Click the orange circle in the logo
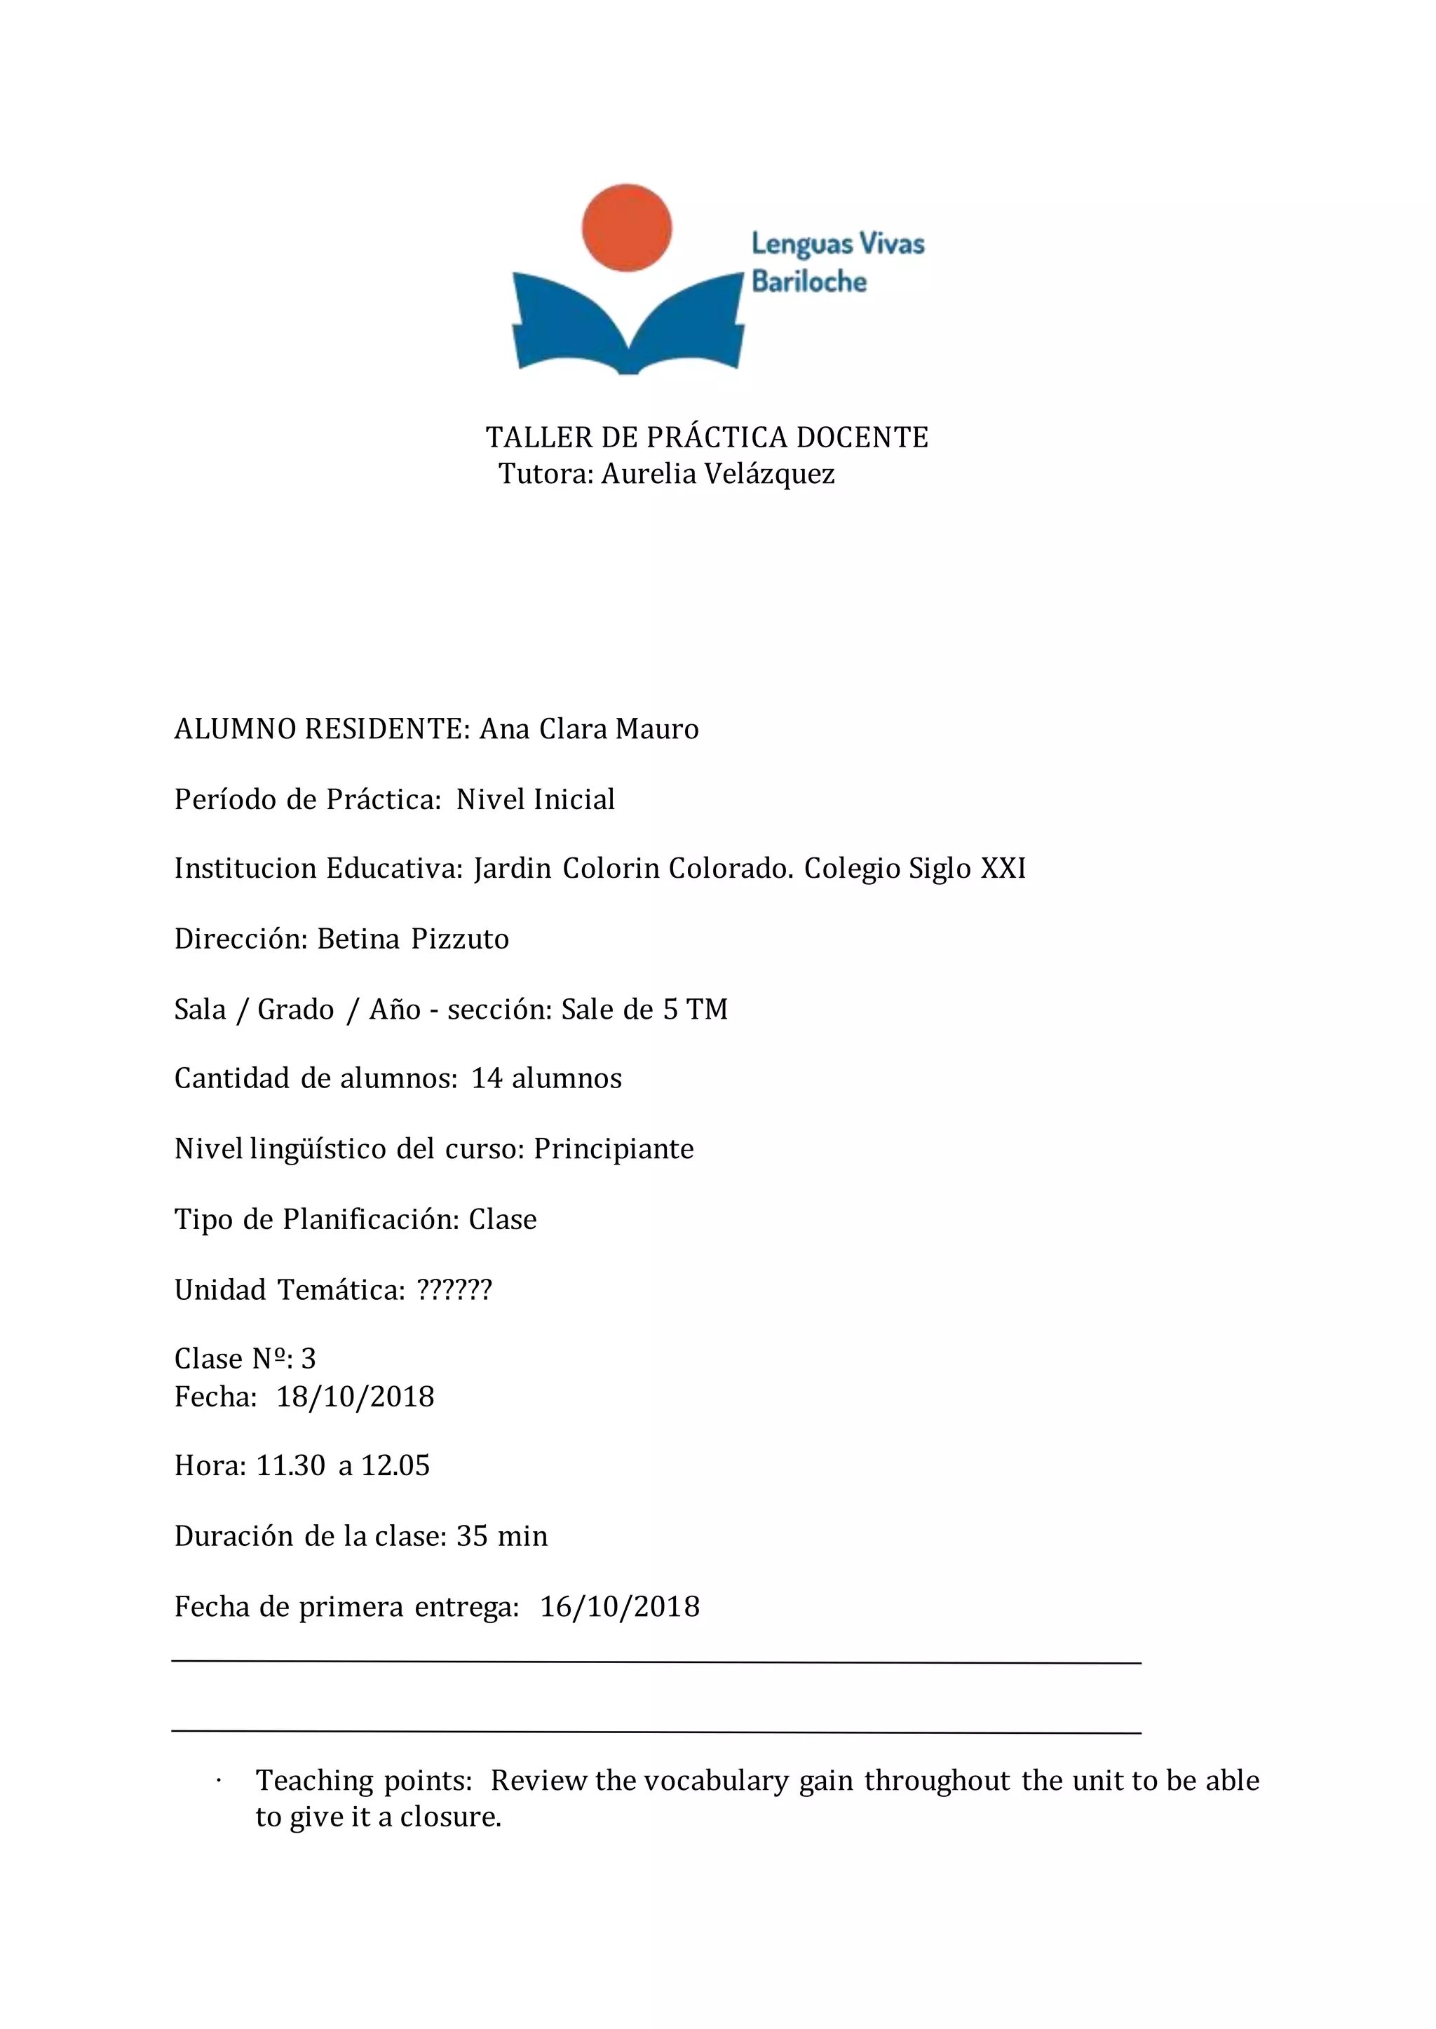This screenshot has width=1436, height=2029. pyautogui.click(x=626, y=228)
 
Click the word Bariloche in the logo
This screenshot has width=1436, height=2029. pyautogui.click(x=809, y=282)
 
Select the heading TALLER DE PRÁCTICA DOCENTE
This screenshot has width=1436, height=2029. pyautogui.click(x=707, y=437)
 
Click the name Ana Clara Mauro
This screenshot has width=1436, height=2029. pyautogui.click(x=589, y=729)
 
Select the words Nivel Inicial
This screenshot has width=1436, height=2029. pyautogui.click(x=535, y=799)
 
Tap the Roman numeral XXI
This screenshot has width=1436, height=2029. pyautogui.click(x=1003, y=869)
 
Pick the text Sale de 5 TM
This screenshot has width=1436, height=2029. pyautogui.click(x=644, y=1010)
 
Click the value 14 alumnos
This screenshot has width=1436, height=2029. pyautogui.click(x=546, y=1078)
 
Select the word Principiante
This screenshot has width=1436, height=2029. pyautogui.click(x=614, y=1149)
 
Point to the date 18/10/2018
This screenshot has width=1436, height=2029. pyautogui.click(x=355, y=1397)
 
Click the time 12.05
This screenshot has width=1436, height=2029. pyautogui.click(x=395, y=1466)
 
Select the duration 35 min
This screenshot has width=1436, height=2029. pyautogui.click(x=501, y=1537)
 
